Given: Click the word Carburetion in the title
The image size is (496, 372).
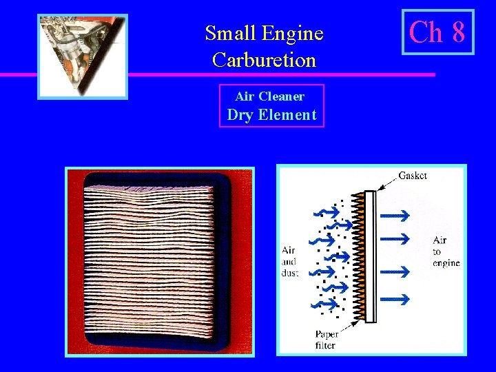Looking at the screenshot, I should pyautogui.click(x=264, y=60).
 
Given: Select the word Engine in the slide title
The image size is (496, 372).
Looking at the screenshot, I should pyautogui.click(x=294, y=32).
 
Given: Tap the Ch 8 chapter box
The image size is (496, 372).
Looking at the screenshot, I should pyautogui.click(x=437, y=32).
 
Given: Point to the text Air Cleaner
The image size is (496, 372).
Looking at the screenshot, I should pyautogui.click(x=269, y=96).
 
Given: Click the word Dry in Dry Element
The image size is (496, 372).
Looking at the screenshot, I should pyautogui.click(x=240, y=115).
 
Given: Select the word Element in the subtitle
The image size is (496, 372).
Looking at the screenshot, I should pyautogui.click(x=287, y=115).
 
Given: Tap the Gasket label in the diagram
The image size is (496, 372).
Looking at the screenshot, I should pyautogui.click(x=413, y=176).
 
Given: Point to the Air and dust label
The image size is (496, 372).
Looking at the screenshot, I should pyautogui.click(x=289, y=262).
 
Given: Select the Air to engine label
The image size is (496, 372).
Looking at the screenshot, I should pyautogui.click(x=446, y=251).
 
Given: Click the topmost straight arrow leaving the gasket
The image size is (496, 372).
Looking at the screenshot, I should pyautogui.click(x=395, y=216).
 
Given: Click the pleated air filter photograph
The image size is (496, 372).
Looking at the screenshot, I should pyautogui.click(x=159, y=261).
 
